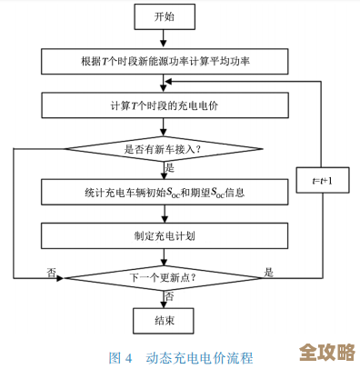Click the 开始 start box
(164, 16)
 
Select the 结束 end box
(164, 320)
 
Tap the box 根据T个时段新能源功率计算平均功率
(164, 62)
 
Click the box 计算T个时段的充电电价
(164, 105)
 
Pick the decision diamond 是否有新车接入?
(164, 148)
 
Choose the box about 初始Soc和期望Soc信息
(164, 193)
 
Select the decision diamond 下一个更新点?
(164, 276)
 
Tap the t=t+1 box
(323, 182)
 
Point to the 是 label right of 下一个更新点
(268, 270)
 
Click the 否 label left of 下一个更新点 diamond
(52, 271)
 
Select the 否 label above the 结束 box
(170, 296)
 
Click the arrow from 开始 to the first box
(164, 38)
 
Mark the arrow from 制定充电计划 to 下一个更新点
(164, 255)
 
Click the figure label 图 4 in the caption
(121, 356)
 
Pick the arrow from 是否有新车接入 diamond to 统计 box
(164, 170)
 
